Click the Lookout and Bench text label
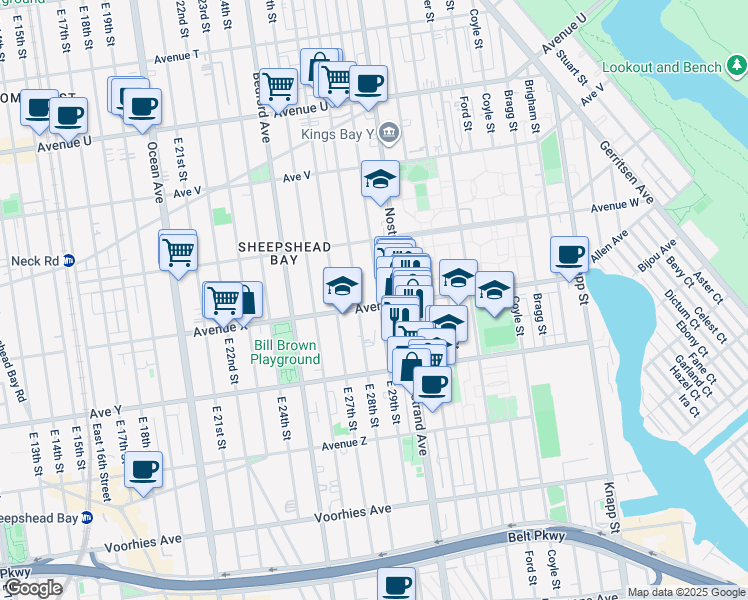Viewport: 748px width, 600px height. pyautogui.click(x=660, y=68)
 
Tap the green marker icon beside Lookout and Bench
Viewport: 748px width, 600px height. pyautogui.click(x=735, y=67)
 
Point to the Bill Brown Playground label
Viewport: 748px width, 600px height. pyautogui.click(x=286, y=352)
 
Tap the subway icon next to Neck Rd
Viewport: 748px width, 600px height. pyautogui.click(x=69, y=261)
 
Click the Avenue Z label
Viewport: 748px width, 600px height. pyautogui.click(x=346, y=442)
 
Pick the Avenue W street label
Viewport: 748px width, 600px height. pyautogui.click(x=614, y=206)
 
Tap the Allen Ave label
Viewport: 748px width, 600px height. pyautogui.click(x=608, y=248)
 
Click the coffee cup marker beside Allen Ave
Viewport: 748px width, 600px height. pyautogui.click(x=569, y=254)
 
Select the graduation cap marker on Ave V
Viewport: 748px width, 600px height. pyautogui.click(x=380, y=180)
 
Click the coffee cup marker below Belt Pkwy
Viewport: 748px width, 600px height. pyautogui.click(x=396, y=584)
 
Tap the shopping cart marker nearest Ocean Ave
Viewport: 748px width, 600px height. pyautogui.click(x=178, y=251)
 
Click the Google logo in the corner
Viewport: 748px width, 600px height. pyautogui.click(x=33, y=588)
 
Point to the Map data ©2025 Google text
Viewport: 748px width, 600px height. pyautogui.click(x=685, y=592)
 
